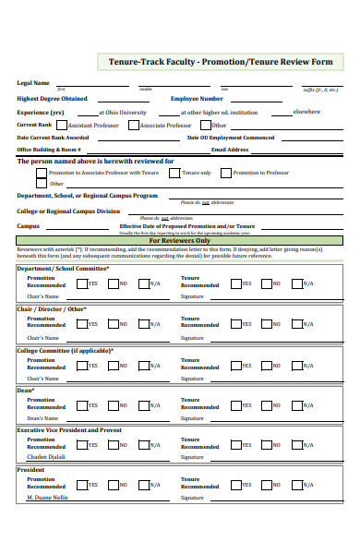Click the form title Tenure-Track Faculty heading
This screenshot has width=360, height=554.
coord(221,63)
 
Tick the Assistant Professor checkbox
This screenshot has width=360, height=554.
coord(62,125)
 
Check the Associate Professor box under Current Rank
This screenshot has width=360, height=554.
coord(133,125)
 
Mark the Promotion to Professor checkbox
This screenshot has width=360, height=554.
coord(225,172)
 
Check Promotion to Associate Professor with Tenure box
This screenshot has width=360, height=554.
coord(42,172)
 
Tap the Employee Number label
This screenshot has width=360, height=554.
coord(197,98)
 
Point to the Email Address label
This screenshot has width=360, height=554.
coord(230,149)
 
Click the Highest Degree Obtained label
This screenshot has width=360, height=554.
coord(53,98)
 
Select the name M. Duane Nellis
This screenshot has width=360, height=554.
coord(48,497)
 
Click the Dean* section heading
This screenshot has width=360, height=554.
coord(26,390)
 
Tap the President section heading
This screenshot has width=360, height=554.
coord(31,470)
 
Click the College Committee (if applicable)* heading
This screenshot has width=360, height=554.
coord(66,350)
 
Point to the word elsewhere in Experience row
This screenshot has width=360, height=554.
coord(306,112)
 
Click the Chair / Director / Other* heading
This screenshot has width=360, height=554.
coord(52,309)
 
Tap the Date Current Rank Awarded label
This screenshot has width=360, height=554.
coord(53,137)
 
